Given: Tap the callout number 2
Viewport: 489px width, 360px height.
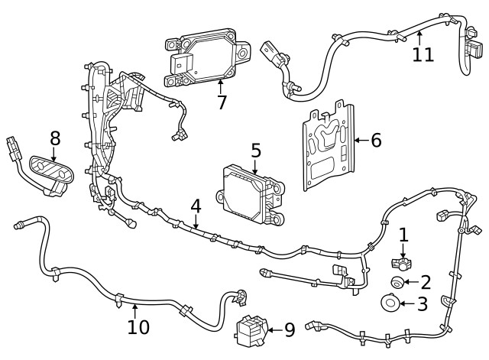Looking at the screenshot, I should click(x=426, y=282).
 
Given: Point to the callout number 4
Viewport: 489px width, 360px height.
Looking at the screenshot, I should click(x=196, y=206).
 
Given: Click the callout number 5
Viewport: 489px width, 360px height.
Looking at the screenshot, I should click(x=255, y=151).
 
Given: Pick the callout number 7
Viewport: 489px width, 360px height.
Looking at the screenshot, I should click(x=222, y=102).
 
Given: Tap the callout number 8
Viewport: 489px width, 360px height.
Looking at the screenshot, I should click(x=55, y=138).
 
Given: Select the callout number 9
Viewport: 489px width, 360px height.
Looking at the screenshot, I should click(x=289, y=330).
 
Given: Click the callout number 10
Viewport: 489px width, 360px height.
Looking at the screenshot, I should click(x=138, y=327).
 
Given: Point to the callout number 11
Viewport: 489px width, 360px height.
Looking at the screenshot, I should click(x=423, y=54).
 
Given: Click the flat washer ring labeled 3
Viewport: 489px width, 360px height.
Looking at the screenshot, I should click(x=390, y=304).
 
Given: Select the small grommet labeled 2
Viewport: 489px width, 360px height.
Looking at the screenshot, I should click(x=397, y=283).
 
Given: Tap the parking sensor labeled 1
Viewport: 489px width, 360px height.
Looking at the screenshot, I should click(x=401, y=262).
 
